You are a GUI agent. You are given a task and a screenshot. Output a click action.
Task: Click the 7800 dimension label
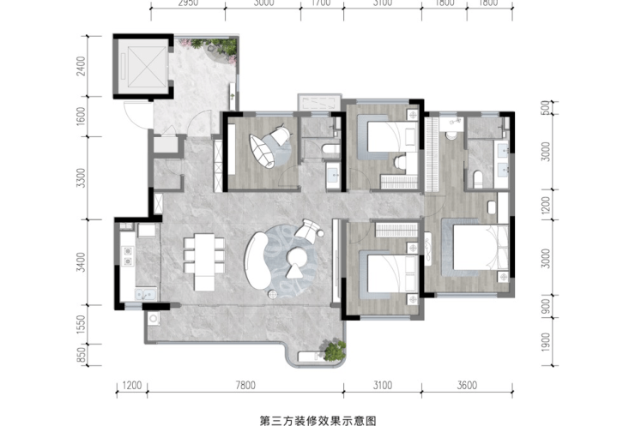point(245,385)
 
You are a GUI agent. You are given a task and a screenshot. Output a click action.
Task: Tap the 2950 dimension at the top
point(188,3)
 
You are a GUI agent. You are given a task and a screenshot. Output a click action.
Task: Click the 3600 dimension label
point(467,385)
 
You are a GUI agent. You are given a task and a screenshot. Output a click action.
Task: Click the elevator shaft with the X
point(144,66)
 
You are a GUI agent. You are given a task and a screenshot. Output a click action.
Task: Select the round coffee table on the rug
point(297,255)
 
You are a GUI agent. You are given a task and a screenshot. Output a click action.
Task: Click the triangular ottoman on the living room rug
point(294,271)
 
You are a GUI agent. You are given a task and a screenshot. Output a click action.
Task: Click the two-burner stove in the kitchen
point(128,256)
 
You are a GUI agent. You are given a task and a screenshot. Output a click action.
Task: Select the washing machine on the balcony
point(154,319)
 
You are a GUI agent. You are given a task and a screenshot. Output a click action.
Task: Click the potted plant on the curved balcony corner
point(333,350)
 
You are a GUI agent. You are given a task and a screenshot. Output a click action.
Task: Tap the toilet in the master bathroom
point(478,180)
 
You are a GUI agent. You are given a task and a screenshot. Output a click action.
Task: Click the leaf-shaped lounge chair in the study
point(262,151)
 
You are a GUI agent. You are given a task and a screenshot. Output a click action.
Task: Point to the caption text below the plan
point(317,420)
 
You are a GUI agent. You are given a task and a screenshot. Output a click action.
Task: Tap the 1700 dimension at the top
point(322,3)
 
